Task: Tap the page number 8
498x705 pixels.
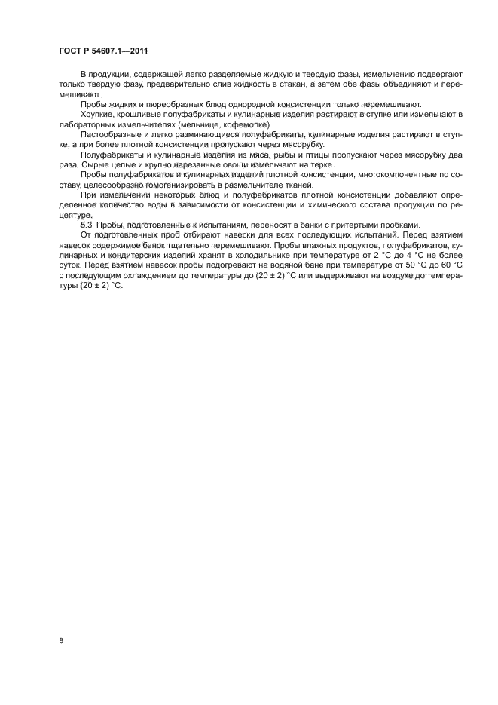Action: (60, 641)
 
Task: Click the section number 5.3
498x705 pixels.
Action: (86, 225)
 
